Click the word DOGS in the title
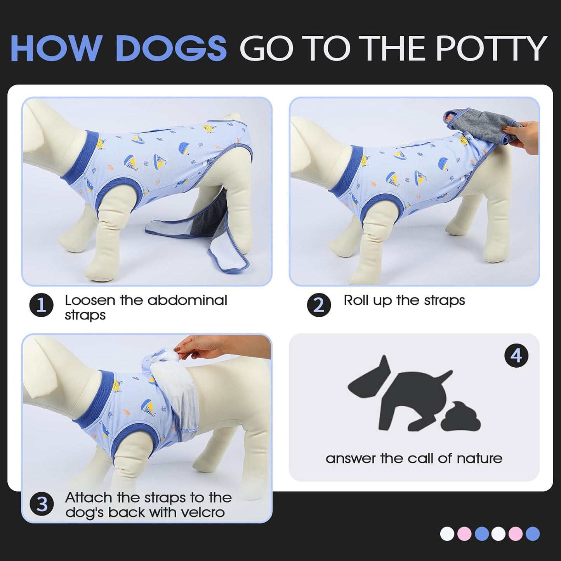click(171, 49)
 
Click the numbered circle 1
click(41, 306)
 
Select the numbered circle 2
click(319, 305)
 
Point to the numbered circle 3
click(41, 504)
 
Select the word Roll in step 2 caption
click(354, 300)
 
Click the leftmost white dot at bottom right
click(447, 534)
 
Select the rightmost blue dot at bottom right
click(533, 534)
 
